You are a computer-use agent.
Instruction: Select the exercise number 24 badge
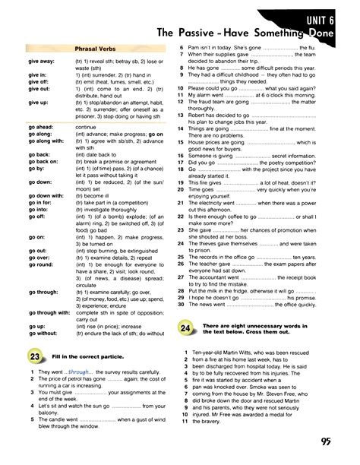tap(186, 328)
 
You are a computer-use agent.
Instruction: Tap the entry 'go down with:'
tap(45, 195)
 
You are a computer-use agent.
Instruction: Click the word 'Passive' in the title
tap(199, 33)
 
